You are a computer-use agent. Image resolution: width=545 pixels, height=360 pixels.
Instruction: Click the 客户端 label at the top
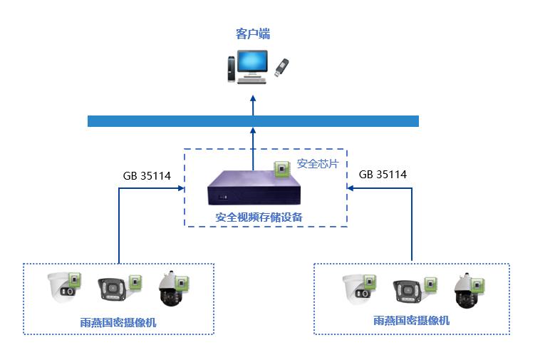click(252, 34)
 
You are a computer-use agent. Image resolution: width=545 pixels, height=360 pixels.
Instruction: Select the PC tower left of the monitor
click(228, 68)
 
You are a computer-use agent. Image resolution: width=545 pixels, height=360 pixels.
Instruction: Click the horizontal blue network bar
click(252, 120)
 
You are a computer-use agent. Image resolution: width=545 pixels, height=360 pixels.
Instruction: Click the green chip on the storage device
click(283, 168)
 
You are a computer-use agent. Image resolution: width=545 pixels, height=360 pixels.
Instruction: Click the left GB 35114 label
click(147, 175)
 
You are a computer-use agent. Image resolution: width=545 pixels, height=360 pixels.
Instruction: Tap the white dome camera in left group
click(62, 288)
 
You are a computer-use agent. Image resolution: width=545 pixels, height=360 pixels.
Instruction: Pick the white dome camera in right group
click(355, 289)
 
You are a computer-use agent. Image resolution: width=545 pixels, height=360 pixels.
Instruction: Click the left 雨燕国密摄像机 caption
click(118, 322)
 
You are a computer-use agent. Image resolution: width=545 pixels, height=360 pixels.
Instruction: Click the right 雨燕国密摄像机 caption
click(411, 321)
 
